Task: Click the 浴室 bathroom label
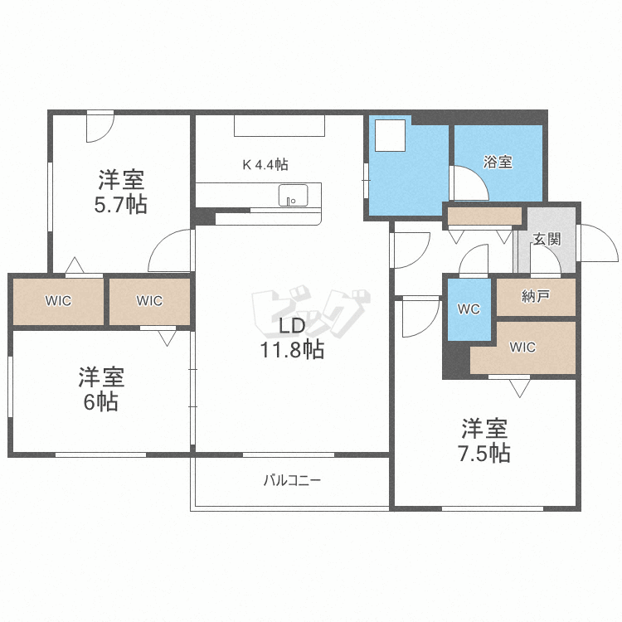[x=498, y=163]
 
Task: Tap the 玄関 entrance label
[x=547, y=239]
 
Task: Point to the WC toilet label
[x=469, y=309]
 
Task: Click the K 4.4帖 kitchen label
[x=265, y=164]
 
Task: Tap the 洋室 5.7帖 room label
[x=121, y=192]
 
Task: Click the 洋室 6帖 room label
[x=101, y=390]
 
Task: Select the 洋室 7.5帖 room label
[x=485, y=440]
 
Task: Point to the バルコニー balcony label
[x=292, y=479]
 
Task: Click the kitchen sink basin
[x=292, y=196]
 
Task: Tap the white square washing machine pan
[x=390, y=135]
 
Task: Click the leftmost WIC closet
[x=58, y=301]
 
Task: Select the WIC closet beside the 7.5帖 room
[x=522, y=347]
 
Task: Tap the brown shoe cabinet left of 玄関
[x=484, y=216]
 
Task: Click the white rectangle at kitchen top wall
[x=279, y=125]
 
